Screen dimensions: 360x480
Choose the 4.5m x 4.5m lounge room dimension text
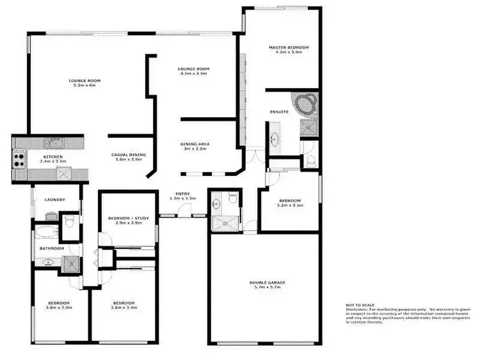(194, 74)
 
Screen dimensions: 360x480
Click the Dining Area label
(195, 144)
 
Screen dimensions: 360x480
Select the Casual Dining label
(129, 155)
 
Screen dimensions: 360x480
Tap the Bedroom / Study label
(128, 219)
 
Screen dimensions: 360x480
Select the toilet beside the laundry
(71, 220)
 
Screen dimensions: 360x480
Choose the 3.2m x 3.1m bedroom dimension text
(290, 205)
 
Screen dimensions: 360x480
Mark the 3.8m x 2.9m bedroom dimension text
(58, 307)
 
